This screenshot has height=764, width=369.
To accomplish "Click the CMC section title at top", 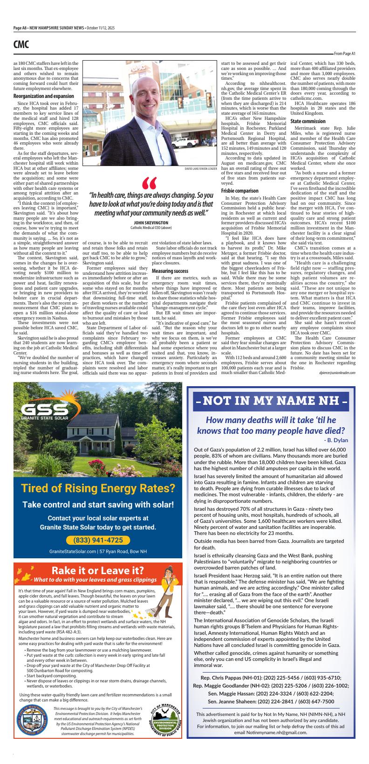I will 21,44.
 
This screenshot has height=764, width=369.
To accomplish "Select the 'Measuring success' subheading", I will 170,271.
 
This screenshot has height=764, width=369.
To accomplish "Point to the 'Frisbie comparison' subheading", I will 239,191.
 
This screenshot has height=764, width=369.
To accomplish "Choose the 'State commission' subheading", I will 308,122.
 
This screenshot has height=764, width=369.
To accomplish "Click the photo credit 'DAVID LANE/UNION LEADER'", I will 201,168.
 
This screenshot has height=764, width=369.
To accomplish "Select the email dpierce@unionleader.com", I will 337,373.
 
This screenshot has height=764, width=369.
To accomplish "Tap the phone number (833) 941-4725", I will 98,540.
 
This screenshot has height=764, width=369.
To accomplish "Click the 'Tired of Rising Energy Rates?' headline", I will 98,488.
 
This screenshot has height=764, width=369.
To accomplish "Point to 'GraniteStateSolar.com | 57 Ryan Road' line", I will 98,551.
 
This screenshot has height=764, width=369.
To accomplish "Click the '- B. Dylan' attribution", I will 335,440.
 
